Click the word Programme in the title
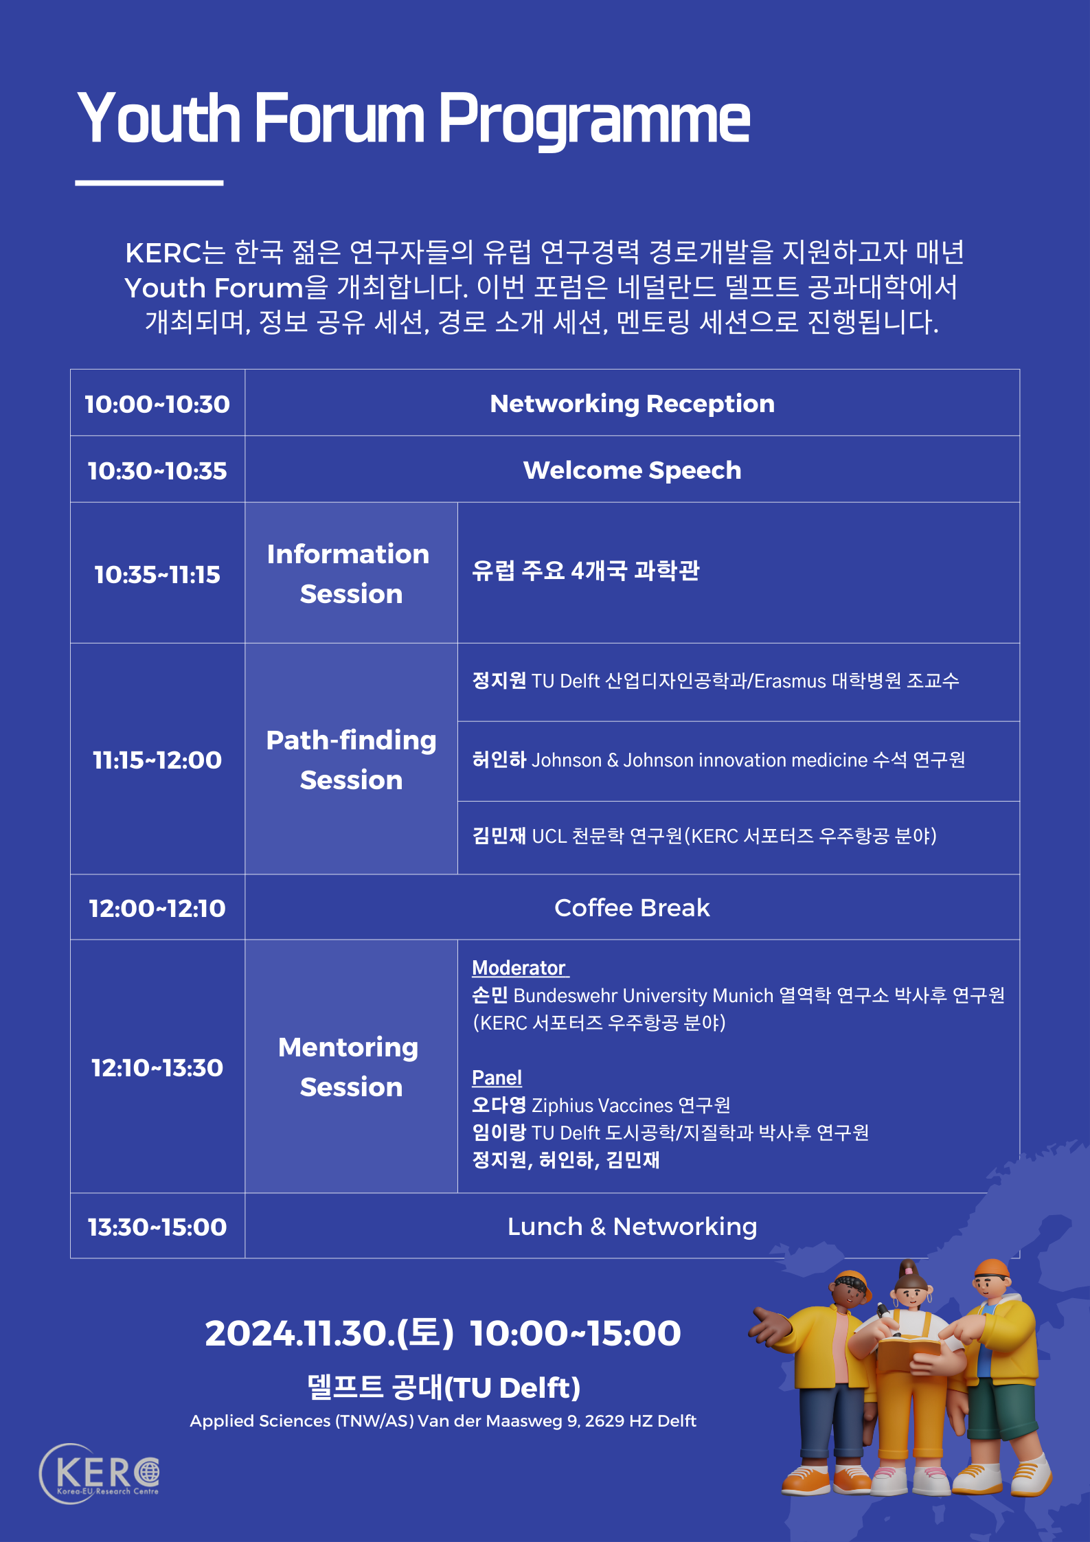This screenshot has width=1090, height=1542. tap(594, 120)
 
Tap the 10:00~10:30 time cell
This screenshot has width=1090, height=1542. tap(157, 404)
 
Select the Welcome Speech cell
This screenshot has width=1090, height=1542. tap(632, 470)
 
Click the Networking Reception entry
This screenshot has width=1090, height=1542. tap(632, 404)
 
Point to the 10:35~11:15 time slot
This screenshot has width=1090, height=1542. tap(157, 574)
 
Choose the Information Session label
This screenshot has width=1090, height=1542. tap(350, 574)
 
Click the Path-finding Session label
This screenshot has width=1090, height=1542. tap(351, 760)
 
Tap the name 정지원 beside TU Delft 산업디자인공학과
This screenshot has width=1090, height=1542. tap(499, 681)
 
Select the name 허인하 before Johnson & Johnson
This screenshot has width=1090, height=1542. tap(499, 760)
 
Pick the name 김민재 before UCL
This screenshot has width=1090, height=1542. tap(499, 836)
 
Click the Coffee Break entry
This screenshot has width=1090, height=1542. tap(632, 907)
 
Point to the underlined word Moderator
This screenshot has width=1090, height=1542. tap(520, 968)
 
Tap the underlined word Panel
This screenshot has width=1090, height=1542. tap(497, 1078)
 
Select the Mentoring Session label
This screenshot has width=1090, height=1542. tap(350, 1067)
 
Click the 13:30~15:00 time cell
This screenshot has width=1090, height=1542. tap(157, 1227)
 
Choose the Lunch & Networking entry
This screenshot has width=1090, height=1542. tap(632, 1227)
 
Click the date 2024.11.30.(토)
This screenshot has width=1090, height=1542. tap(330, 1333)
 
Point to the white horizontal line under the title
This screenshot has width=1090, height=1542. tap(149, 183)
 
